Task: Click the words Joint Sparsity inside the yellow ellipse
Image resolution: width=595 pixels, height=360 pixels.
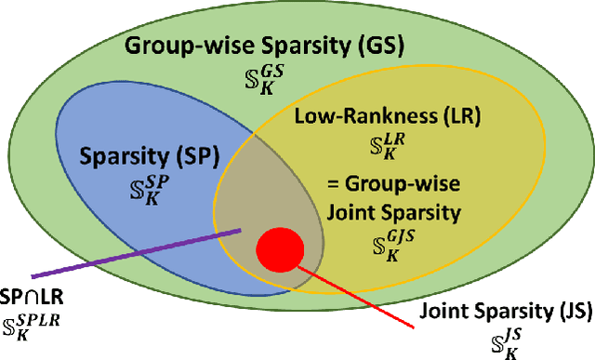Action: click(x=392, y=212)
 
